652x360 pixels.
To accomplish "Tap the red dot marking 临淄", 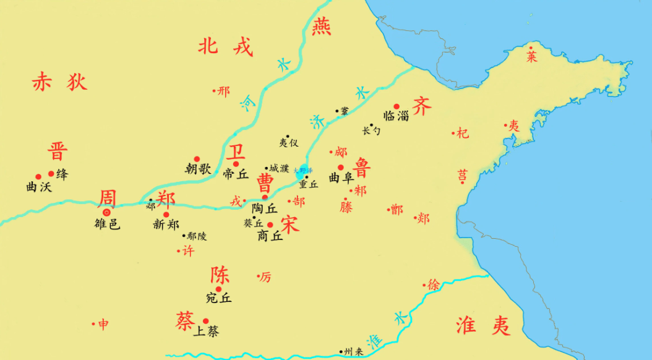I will tap(397, 106).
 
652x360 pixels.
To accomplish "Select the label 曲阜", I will tap(341, 178).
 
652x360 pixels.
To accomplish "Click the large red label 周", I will tap(107, 199).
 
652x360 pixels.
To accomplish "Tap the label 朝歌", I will tap(198, 168).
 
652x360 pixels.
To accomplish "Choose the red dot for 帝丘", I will tap(236, 164).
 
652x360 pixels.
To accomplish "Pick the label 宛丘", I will tap(218, 298).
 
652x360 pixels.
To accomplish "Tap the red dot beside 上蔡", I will tap(205, 320).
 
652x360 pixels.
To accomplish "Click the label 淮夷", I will tap(483, 325).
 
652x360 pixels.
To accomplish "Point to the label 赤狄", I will tap(59, 82).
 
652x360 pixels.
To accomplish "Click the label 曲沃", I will tap(38, 186).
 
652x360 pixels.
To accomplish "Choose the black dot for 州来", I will tap(341, 352).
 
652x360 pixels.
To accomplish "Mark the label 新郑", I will tap(166, 225).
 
